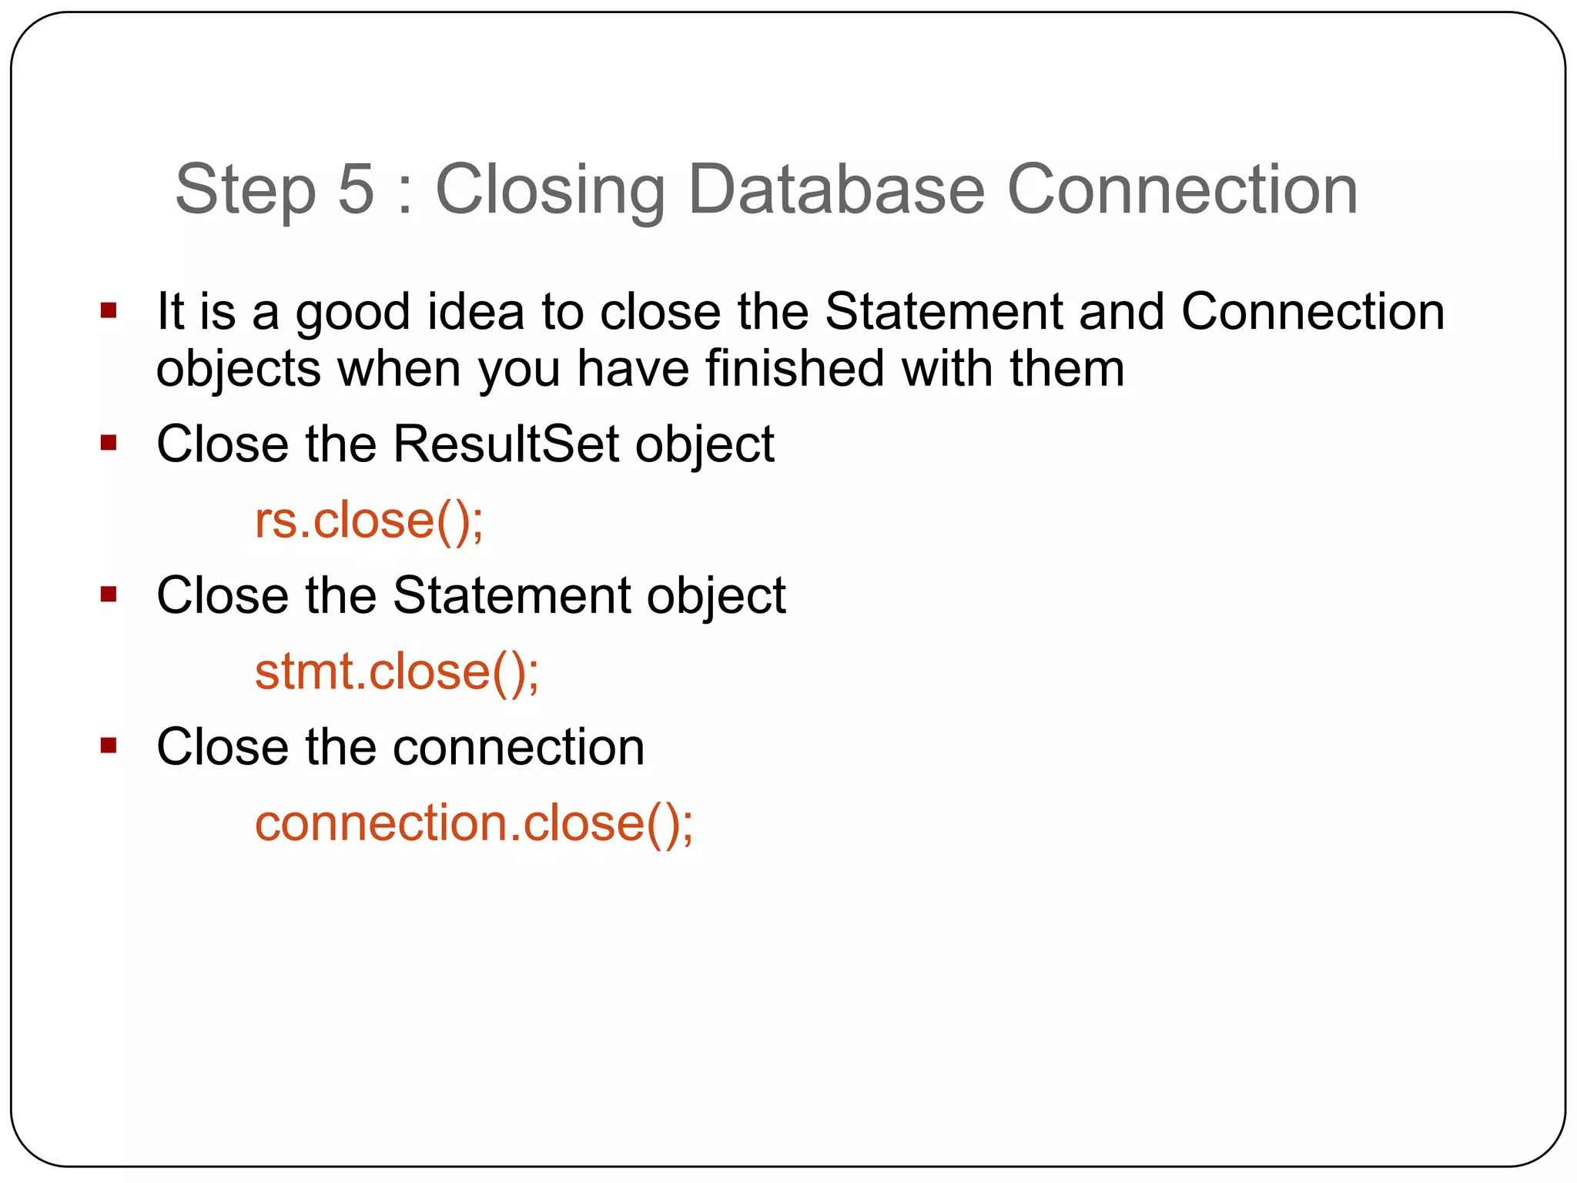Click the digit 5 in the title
point(356,189)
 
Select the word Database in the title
point(836,189)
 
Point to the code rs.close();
point(369,521)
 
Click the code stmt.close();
point(397,672)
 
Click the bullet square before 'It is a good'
point(109,311)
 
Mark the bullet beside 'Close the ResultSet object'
point(109,443)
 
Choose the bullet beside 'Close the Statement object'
point(109,595)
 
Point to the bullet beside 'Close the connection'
point(109,746)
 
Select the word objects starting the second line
point(238,370)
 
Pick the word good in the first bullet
point(353,313)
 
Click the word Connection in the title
point(1182,189)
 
